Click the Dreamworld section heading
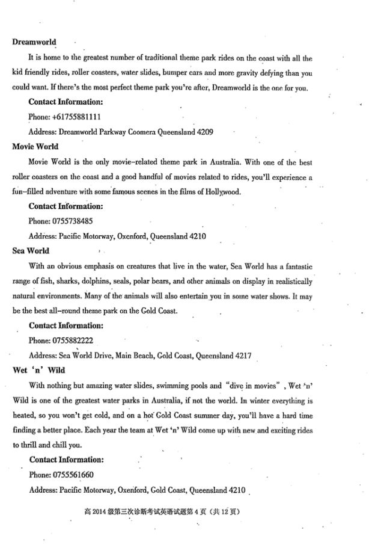point(34,42)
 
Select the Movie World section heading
point(35,146)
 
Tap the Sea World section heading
point(31,251)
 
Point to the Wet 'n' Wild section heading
point(38,370)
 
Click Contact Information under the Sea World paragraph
point(66,325)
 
